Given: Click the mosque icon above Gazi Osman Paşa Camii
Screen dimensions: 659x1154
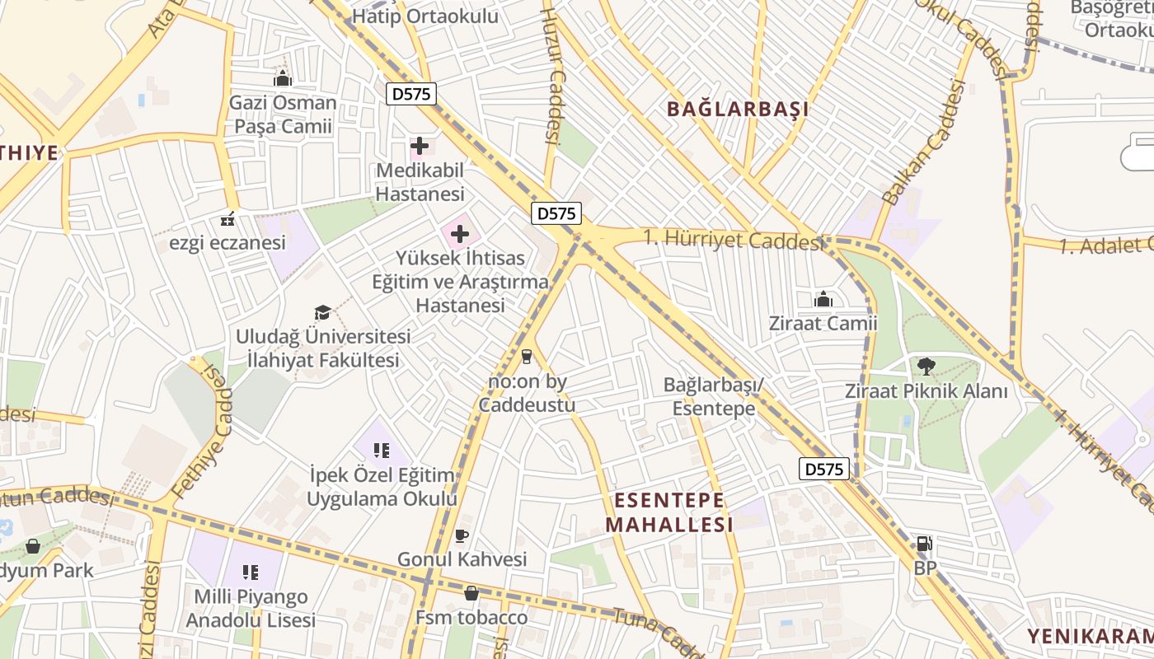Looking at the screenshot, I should tap(283, 79).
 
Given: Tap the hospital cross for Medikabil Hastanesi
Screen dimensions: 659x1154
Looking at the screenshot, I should tap(420, 147).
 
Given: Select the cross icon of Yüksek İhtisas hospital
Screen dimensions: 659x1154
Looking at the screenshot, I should tap(460, 235).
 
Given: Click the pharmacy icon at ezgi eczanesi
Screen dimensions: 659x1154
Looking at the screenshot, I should tap(228, 220).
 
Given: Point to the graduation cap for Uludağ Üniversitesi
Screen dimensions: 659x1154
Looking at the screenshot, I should tap(322, 313).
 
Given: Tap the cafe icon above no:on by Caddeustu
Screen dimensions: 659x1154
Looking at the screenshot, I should tap(527, 357).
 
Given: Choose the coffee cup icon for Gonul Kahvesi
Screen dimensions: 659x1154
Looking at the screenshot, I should tap(462, 536).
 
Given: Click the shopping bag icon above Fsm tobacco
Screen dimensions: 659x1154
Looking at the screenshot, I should tap(471, 593).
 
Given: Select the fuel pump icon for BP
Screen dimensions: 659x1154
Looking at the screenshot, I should tap(925, 544).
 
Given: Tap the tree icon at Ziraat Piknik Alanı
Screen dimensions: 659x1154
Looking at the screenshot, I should tap(926, 366).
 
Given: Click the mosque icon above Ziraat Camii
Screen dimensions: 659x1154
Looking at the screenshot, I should tap(823, 299).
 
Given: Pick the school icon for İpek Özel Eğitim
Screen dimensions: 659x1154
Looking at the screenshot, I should tap(381, 451).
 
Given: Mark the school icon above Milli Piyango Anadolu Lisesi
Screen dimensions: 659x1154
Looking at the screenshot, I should tap(251, 572).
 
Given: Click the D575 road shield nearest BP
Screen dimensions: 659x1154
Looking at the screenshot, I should tap(823, 469).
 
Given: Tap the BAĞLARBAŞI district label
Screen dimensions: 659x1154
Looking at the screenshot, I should tap(738, 109).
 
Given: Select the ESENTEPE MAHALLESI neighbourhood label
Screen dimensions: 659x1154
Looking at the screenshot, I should tap(669, 512).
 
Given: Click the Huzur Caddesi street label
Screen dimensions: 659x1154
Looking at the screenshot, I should tap(551, 74).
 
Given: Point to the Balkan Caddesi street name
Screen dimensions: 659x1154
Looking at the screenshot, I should tap(922, 143).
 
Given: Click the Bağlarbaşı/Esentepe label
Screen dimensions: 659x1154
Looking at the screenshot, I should tap(714, 396).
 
